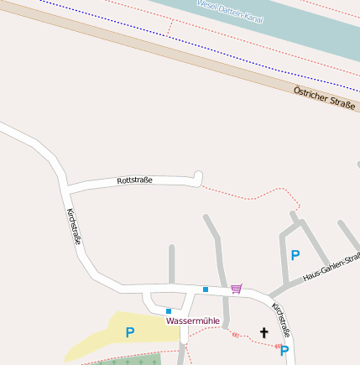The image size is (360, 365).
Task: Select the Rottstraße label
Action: point(134,180)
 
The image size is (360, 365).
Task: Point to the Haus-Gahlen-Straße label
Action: point(331,268)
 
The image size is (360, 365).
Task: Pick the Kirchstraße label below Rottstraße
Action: point(74,227)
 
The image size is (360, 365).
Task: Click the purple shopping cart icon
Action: point(237,289)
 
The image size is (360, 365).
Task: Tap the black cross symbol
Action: point(263,333)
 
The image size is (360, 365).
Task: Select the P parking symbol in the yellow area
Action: point(129,332)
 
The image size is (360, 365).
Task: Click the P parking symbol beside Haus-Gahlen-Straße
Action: point(295,255)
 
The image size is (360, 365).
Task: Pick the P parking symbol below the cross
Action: point(284,351)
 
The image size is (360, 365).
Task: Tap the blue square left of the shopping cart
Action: point(206,289)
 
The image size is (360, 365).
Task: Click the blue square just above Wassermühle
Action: point(169,310)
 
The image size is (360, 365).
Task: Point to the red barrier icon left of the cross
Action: point(237,335)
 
